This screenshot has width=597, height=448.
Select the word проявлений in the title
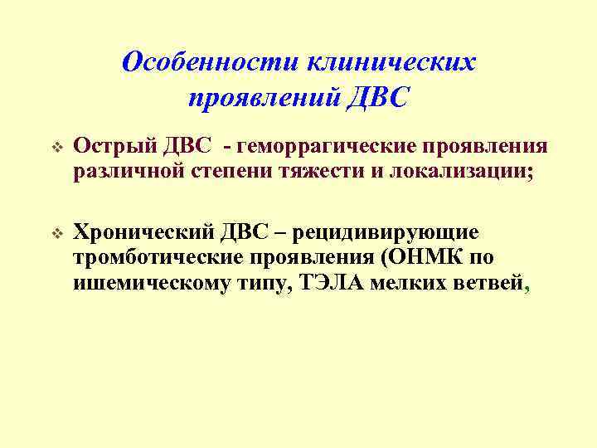tap(260, 99)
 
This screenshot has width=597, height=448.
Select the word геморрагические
tap(318, 147)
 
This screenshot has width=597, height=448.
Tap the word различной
tap(128, 172)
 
